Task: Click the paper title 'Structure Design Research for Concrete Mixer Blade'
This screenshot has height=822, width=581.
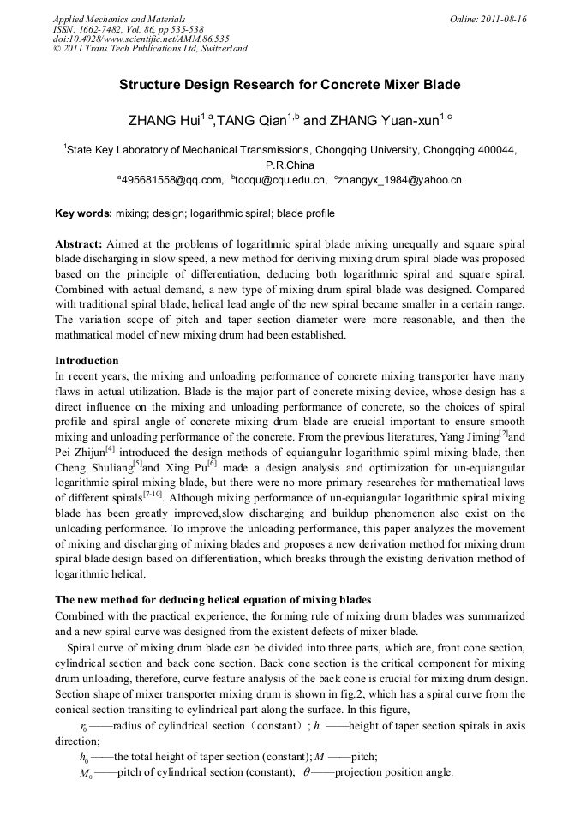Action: pyautogui.click(x=290, y=85)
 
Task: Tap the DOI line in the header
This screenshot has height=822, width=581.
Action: pyautogui.click(x=141, y=39)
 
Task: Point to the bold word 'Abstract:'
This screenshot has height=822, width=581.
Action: pyautogui.click(x=79, y=244)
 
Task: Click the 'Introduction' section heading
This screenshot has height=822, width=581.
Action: pyautogui.click(x=87, y=360)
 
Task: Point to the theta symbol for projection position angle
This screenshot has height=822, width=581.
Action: pyautogui.click(x=307, y=771)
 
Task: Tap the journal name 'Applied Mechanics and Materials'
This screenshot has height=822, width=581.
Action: pyautogui.click(x=119, y=19)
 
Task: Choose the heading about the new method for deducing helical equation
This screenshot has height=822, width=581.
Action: pyautogui.click(x=213, y=598)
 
